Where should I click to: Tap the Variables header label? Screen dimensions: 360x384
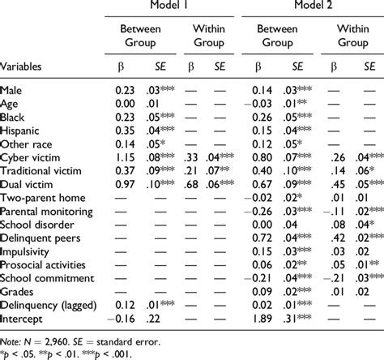click(x=27, y=65)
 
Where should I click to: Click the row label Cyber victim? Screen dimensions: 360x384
click(x=32, y=156)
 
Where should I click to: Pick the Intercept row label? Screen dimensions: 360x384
click(x=25, y=319)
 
